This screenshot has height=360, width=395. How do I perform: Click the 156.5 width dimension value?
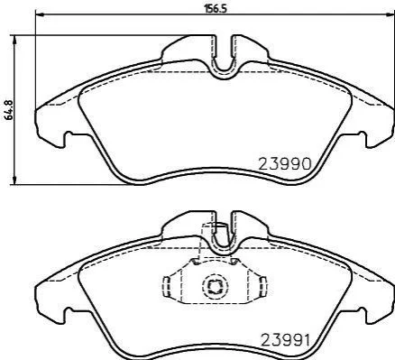pyautogui.click(x=215, y=9)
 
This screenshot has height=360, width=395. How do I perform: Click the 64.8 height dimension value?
pyautogui.click(x=9, y=110)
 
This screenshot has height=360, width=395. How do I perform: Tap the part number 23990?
pyautogui.click(x=285, y=164)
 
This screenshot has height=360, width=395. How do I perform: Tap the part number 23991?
pyautogui.click(x=285, y=341)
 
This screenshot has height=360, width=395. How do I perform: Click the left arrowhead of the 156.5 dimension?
pyautogui.click(x=40, y=14)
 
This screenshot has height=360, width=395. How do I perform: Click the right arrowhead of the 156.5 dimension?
pyautogui.click(x=390, y=14)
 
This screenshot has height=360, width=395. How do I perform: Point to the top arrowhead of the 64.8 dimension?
pyautogui.click(x=14, y=40)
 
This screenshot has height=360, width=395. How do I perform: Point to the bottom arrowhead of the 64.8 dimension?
pyautogui.click(x=14, y=180)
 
